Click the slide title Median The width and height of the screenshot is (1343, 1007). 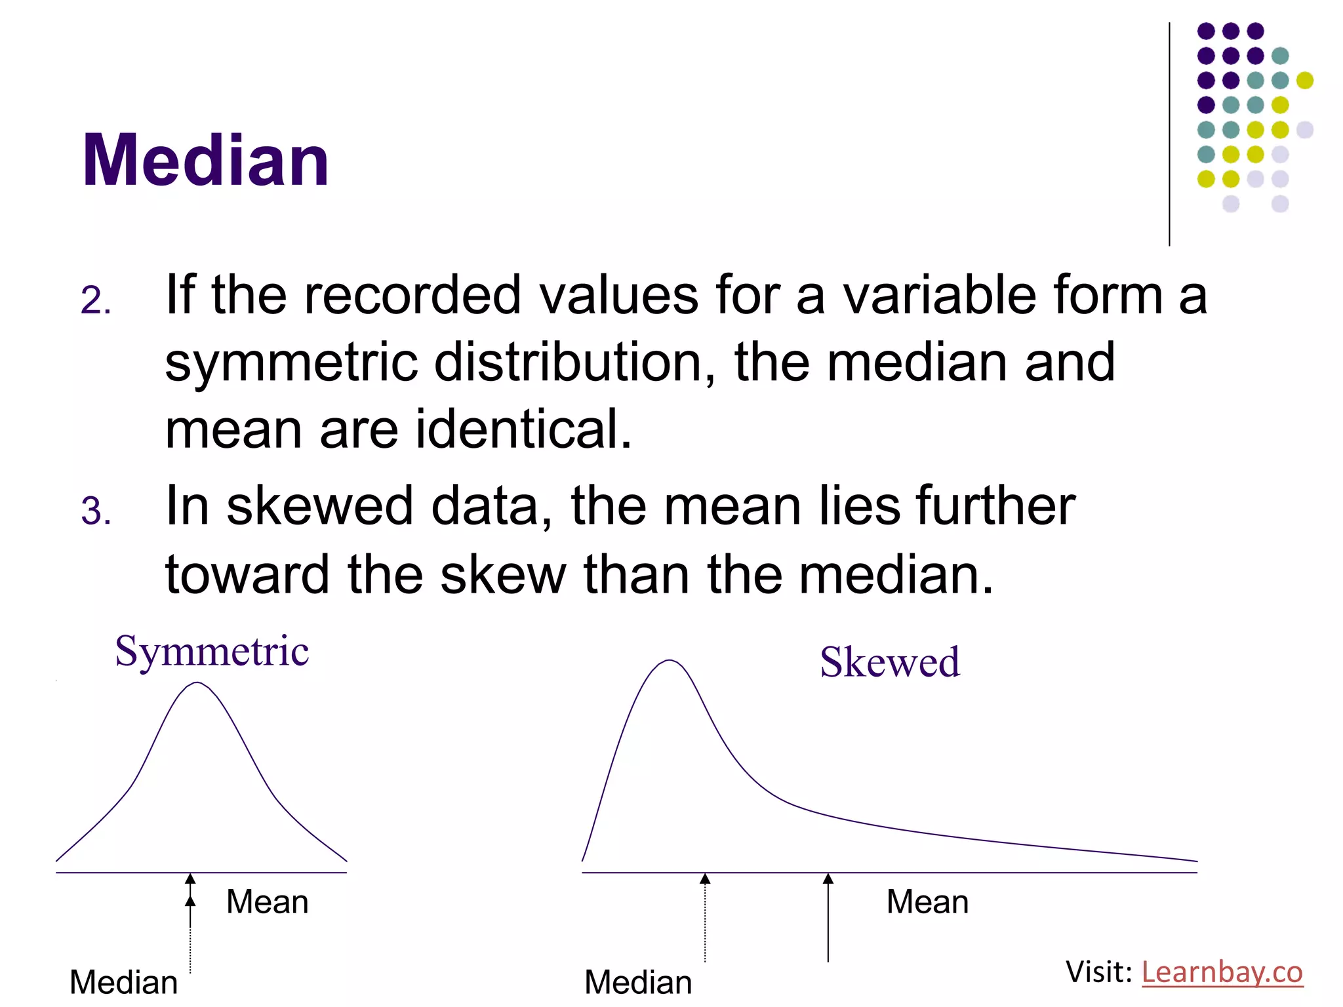point(205,161)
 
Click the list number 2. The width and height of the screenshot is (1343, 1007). point(96,301)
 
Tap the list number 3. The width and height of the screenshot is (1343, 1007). point(96,511)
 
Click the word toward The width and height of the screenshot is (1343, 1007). point(247,574)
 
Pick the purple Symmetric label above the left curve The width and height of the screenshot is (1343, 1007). point(212,652)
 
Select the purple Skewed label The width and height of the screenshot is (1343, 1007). point(890,662)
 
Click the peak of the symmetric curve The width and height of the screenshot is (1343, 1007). point(197,684)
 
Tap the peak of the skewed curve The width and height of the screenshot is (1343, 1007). point(669,661)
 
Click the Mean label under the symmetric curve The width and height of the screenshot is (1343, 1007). point(267,902)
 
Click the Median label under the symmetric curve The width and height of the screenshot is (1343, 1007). point(124,982)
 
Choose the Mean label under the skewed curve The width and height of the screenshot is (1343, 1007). point(927,902)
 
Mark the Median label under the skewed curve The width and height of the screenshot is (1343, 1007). point(638,982)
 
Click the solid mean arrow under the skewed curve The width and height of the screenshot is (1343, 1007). point(828,918)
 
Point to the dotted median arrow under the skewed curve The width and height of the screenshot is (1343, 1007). point(705,918)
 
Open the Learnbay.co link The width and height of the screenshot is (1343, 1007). point(1222,972)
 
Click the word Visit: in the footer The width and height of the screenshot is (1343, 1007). point(1099,972)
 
